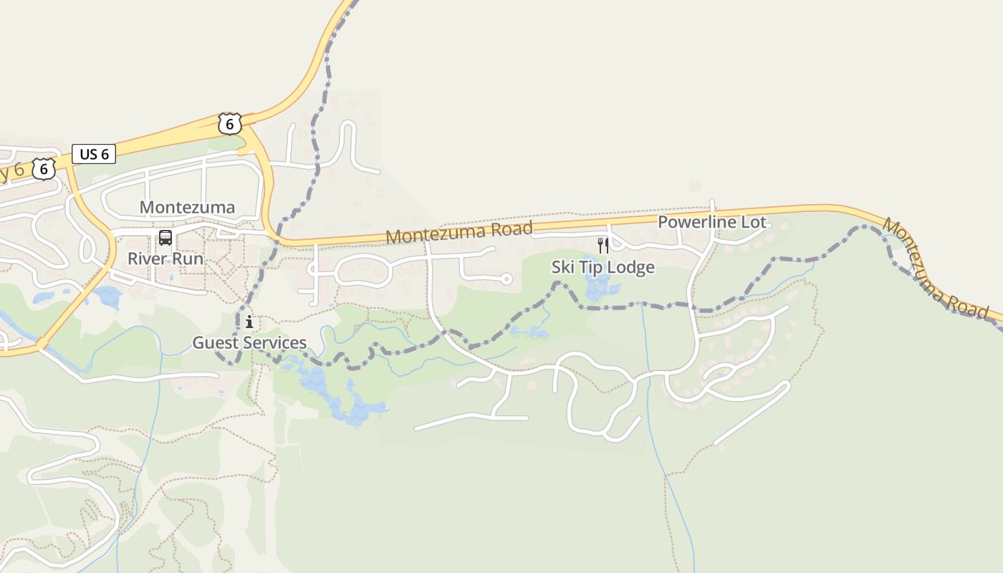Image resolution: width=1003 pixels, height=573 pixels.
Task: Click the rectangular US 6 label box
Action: point(94,154)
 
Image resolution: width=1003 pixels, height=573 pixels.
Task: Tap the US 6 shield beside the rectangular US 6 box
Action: point(44,169)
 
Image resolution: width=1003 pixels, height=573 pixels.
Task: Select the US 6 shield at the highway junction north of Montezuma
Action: point(229,124)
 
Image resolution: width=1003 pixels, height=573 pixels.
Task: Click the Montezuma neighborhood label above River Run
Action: point(187,208)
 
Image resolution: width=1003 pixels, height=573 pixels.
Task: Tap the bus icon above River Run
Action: point(165,238)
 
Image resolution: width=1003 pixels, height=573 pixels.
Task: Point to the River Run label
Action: point(165,259)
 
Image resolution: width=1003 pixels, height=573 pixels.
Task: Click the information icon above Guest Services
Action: point(249,322)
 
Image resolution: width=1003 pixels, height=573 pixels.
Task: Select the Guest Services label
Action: point(249,343)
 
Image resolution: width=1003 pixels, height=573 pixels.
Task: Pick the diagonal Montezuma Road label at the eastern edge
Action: point(935,269)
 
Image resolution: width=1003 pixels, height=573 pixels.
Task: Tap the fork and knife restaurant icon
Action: point(603,246)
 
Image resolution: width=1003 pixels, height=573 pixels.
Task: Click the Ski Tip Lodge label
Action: point(603,267)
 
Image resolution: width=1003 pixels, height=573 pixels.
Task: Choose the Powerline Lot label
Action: point(712,222)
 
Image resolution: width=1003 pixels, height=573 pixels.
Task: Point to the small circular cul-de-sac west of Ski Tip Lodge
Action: point(506,279)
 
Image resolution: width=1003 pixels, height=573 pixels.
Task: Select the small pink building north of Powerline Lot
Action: point(694,186)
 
